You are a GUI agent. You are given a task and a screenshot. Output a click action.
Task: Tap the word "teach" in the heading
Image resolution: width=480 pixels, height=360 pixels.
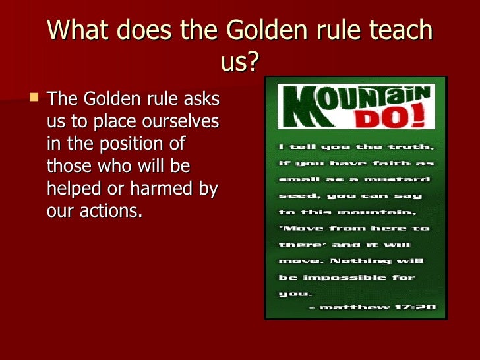(395, 31)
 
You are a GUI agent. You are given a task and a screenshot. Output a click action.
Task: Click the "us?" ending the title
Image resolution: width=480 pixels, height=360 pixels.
(239, 64)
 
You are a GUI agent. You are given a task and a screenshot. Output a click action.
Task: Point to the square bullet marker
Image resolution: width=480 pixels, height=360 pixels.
(35, 99)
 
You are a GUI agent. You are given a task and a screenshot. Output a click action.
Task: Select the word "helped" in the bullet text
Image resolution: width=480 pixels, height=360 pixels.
(76, 189)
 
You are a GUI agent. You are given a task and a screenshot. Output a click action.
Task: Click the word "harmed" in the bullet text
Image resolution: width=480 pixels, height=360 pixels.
(160, 189)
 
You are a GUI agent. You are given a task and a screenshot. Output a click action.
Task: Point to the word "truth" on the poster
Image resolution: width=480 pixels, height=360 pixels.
(408, 146)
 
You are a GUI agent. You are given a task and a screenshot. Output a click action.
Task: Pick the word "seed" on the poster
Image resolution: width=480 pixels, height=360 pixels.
(292, 196)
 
